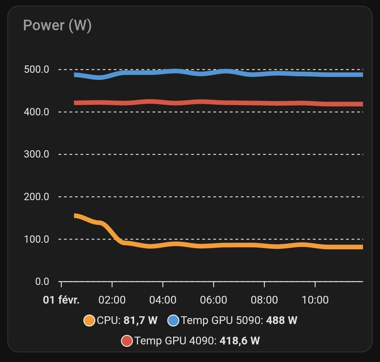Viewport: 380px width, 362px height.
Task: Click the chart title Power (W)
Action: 57,26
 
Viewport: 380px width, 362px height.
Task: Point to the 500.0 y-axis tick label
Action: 36,70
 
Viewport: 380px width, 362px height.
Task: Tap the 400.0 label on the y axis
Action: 36,112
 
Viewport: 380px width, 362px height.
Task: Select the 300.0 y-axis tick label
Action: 36,154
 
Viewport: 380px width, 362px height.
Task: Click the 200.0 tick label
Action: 36,197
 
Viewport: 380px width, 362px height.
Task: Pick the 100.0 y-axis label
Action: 36,239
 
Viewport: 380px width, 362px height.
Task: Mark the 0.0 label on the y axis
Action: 42,282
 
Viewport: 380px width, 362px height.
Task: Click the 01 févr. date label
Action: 61,300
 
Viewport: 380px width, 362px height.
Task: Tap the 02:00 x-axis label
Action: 112,300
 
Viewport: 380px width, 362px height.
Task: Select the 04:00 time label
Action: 163,300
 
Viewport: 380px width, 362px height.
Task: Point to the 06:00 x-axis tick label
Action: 214,300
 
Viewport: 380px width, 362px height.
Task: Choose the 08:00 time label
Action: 265,300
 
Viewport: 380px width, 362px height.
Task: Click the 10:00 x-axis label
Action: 315,300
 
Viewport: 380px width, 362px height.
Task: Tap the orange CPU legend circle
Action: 89,320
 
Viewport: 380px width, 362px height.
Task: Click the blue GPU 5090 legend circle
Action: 173,320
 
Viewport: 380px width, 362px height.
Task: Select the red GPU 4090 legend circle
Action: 127,341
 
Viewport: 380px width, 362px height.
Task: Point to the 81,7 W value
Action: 140,320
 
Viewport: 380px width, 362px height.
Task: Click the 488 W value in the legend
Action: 282,320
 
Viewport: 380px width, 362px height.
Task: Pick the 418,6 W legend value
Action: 240,341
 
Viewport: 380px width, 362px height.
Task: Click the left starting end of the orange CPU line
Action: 75,216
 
